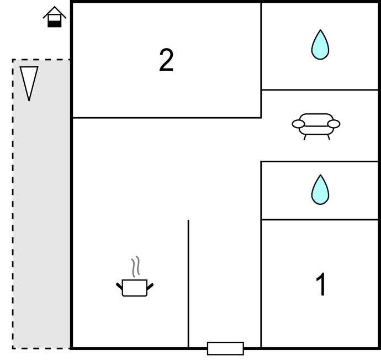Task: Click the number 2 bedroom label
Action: (x=166, y=60)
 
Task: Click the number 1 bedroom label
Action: (x=321, y=284)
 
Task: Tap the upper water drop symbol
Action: (x=320, y=45)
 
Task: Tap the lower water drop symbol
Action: (x=320, y=189)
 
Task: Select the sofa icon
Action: (x=316, y=125)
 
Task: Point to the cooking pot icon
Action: (x=135, y=287)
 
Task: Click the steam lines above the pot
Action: (x=135, y=266)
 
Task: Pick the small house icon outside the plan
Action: (x=55, y=17)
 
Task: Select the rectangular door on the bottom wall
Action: (x=225, y=348)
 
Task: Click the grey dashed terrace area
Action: (x=41, y=221)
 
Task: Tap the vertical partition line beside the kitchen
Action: (x=188, y=282)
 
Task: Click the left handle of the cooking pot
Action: (x=119, y=285)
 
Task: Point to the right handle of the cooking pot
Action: (x=150, y=285)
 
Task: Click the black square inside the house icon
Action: (x=54, y=23)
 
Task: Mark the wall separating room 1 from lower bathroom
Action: (x=320, y=220)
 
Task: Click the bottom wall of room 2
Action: (x=166, y=118)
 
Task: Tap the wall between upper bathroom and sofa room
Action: (x=320, y=89)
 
